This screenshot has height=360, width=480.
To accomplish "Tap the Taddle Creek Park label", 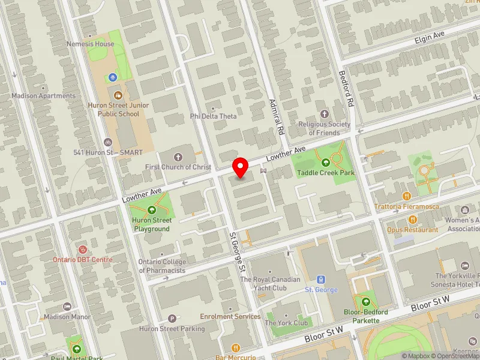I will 325,173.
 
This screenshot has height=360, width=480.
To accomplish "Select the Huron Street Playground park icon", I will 151,211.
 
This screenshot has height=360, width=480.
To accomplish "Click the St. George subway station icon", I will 321,280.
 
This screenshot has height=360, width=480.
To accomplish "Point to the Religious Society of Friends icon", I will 325,114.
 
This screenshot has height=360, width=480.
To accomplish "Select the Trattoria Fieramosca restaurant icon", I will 407,196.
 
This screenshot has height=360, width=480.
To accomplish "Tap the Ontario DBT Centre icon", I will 83,249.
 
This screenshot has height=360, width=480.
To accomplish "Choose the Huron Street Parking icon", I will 173,319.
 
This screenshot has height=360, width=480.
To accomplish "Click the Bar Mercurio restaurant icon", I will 236,347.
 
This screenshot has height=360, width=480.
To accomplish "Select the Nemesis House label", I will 90,44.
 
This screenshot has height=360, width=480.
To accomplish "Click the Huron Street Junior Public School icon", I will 118,95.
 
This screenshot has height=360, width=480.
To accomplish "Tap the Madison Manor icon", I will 67,307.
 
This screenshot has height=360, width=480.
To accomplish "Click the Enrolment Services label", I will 230,316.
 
